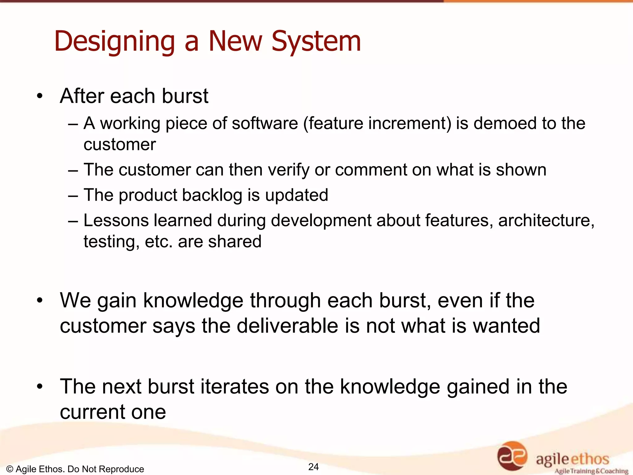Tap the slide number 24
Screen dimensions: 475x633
313,467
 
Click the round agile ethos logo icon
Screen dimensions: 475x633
512,456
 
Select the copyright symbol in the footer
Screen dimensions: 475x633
9,469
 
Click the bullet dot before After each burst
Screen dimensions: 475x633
39,96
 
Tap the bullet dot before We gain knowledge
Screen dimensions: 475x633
39,300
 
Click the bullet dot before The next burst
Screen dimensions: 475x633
39,387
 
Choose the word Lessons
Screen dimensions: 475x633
116,220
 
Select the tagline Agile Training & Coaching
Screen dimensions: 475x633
591,471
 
